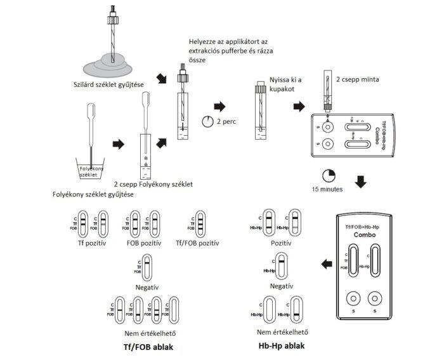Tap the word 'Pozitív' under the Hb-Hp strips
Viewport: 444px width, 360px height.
click(x=280, y=243)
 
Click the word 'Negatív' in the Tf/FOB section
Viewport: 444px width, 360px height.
click(x=147, y=286)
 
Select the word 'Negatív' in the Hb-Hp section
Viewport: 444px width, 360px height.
click(x=280, y=286)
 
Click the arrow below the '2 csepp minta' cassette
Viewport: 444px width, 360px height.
click(x=361, y=182)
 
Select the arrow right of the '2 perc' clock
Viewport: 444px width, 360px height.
click(x=220, y=105)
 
